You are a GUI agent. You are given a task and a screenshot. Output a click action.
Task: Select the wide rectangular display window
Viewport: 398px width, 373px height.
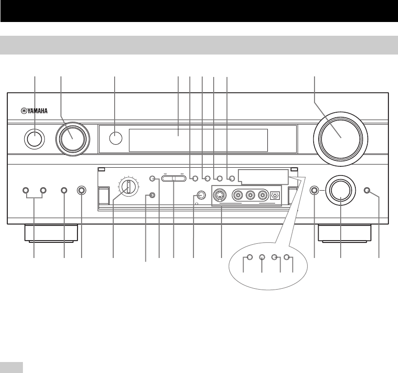coord(198,140)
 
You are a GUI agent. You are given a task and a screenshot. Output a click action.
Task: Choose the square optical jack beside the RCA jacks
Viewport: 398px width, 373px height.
coord(275,195)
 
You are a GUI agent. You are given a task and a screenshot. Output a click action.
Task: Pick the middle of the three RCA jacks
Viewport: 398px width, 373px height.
coord(250,195)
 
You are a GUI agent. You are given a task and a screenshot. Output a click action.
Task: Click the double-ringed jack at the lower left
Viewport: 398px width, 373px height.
coord(82,190)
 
